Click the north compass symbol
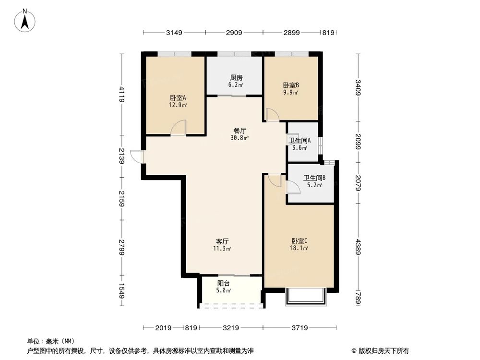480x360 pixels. point(25,21)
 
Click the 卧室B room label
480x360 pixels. point(291,85)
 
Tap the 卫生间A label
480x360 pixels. point(300,141)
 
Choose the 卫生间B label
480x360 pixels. point(314,177)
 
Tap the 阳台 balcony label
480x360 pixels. point(223,283)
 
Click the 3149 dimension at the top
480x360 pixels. point(174,33)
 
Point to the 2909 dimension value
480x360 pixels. point(234,33)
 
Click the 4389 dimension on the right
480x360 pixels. point(358,245)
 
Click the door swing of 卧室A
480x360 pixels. point(179,128)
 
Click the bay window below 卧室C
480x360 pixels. point(305,298)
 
